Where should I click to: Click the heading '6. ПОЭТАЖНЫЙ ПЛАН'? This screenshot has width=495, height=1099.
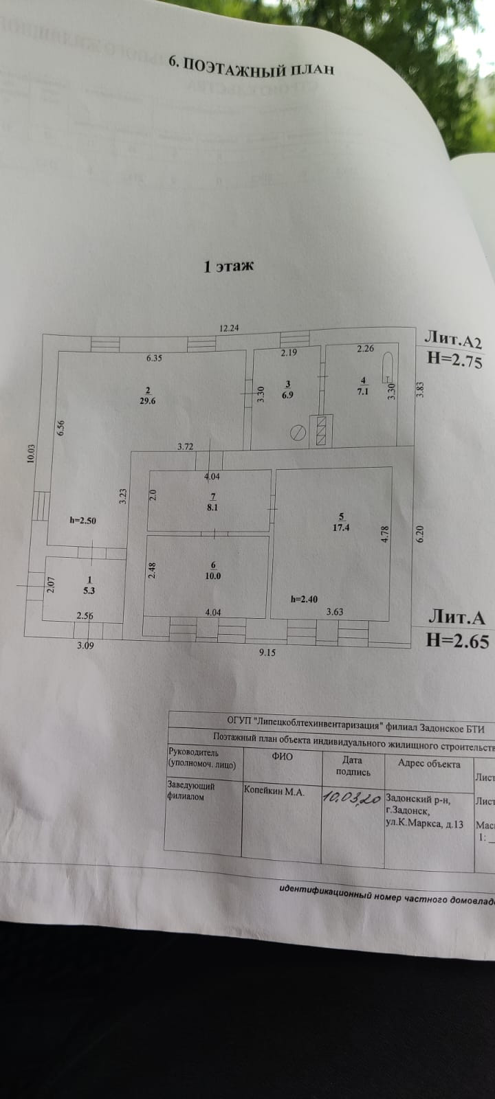click(251, 66)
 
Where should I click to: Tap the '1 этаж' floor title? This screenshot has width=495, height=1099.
click(228, 266)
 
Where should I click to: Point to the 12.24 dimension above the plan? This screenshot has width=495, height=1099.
click(229, 328)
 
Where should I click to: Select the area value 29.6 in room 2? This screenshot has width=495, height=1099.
click(147, 401)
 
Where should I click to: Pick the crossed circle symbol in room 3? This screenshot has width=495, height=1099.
click(298, 433)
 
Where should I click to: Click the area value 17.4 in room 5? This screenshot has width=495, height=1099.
click(340, 528)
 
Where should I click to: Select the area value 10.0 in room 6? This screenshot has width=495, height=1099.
click(213, 576)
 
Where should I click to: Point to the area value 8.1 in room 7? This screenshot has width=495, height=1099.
click(213, 508)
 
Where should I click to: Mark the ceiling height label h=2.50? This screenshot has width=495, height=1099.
click(82, 521)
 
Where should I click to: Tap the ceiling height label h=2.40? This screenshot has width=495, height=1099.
click(303, 599)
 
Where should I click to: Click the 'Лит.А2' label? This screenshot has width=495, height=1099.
click(453, 339)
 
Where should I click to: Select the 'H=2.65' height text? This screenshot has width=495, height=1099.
click(457, 641)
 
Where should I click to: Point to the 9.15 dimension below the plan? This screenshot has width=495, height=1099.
click(267, 653)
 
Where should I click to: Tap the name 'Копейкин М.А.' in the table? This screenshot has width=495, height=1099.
click(274, 791)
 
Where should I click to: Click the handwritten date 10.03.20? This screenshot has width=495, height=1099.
click(352, 797)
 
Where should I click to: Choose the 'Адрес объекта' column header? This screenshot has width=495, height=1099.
click(429, 764)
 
